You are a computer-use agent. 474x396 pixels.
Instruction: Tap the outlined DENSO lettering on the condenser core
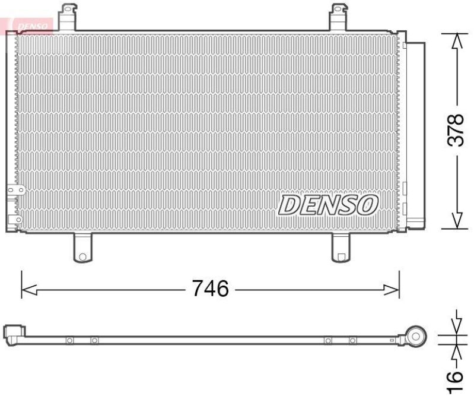point(327,205)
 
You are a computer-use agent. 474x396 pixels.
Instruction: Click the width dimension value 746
point(210,289)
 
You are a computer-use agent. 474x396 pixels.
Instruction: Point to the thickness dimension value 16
point(454,377)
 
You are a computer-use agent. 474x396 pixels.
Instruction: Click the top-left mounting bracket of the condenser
point(69,16)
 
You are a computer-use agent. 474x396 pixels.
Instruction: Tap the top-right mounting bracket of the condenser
point(339,16)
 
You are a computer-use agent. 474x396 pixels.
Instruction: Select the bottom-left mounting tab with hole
point(82,248)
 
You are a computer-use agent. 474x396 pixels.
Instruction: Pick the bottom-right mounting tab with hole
point(341,248)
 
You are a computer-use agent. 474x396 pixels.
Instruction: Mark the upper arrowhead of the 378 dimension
point(456,40)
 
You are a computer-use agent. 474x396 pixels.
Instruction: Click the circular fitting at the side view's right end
point(416,337)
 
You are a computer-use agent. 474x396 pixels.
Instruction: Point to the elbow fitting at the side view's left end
point(14,333)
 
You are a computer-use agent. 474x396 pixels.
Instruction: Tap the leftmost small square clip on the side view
point(69,340)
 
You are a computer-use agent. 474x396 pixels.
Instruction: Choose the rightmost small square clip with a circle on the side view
point(353,340)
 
